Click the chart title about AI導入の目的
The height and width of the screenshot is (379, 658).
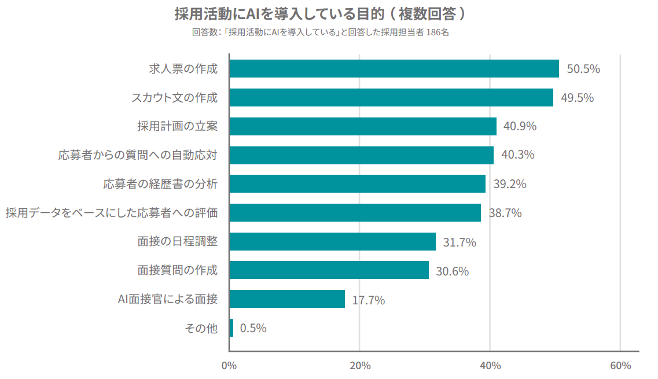[328, 13]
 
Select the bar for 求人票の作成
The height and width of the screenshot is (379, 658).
[394, 68]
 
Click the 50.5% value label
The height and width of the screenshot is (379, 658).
[583, 69]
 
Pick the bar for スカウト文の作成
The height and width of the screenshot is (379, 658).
[391, 97]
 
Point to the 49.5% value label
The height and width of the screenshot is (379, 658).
[577, 98]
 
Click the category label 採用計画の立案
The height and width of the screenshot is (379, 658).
[177, 126]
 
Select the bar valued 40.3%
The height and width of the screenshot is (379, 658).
[361, 155]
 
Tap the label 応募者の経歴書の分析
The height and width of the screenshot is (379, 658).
[160, 184]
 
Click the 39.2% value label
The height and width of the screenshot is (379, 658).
[509, 184]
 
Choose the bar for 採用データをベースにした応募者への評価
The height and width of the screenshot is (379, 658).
[355, 213]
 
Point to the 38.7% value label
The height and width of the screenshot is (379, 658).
[505, 213]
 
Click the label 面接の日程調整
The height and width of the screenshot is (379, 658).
[177, 241]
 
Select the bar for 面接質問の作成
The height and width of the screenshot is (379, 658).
[329, 270]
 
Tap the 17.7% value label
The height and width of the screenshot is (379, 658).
[368, 300]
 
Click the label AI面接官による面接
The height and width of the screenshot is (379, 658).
[167, 299]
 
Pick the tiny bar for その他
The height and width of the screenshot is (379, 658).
[231, 328]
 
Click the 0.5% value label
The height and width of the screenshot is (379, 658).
[253, 328]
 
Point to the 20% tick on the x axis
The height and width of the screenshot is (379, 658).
[359, 366]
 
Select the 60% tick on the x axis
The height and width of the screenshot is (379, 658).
[620, 366]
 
